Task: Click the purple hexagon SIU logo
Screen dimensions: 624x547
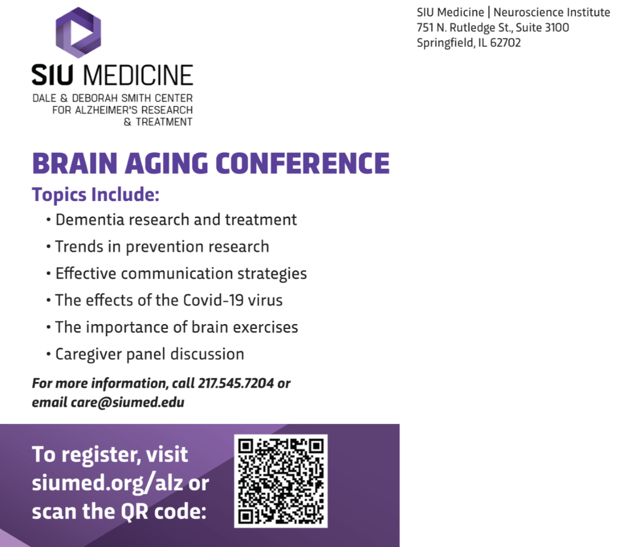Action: (78, 32)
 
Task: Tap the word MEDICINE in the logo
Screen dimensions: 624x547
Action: (138, 75)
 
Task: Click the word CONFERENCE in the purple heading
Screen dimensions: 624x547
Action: (302, 163)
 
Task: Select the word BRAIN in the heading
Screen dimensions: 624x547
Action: (75, 163)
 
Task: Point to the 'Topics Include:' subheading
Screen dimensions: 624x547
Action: (96, 194)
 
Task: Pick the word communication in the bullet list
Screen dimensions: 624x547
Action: (177, 273)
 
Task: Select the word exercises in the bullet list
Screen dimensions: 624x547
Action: (266, 327)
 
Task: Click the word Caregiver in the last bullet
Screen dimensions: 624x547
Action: (88, 355)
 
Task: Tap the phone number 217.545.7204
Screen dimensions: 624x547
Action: (236, 383)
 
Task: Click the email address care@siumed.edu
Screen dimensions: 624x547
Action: (127, 403)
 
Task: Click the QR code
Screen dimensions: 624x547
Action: (281, 481)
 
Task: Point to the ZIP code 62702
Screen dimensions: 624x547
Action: (505, 43)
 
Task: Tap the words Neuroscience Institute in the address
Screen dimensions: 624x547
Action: (551, 12)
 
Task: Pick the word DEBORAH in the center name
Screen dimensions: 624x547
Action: (95, 98)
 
